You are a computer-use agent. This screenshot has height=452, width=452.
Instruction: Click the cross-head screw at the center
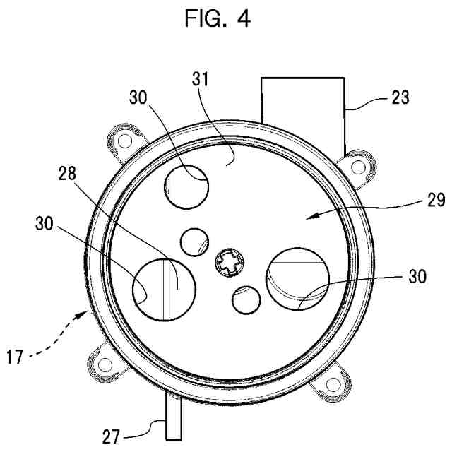click(230, 266)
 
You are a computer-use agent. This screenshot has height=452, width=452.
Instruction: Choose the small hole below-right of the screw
click(246, 300)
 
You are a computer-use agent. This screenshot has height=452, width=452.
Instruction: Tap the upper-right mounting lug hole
click(359, 167)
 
